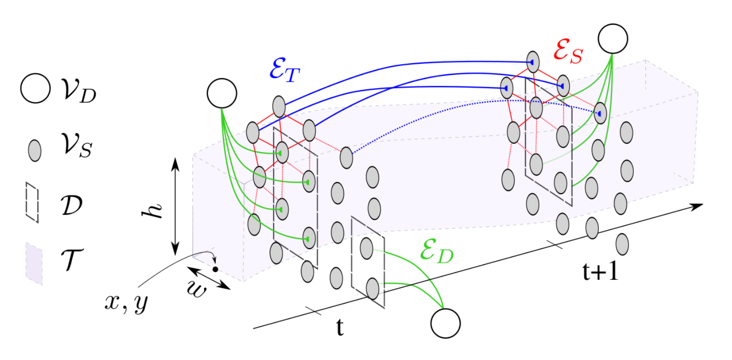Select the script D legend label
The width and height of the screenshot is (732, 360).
(x=72, y=204)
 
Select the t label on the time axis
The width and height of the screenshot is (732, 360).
(x=340, y=329)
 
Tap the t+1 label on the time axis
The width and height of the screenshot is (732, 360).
(x=601, y=273)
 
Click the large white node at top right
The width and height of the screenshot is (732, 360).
(x=612, y=38)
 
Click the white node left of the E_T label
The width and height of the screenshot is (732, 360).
(x=222, y=93)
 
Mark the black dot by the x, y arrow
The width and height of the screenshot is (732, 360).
(x=214, y=269)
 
